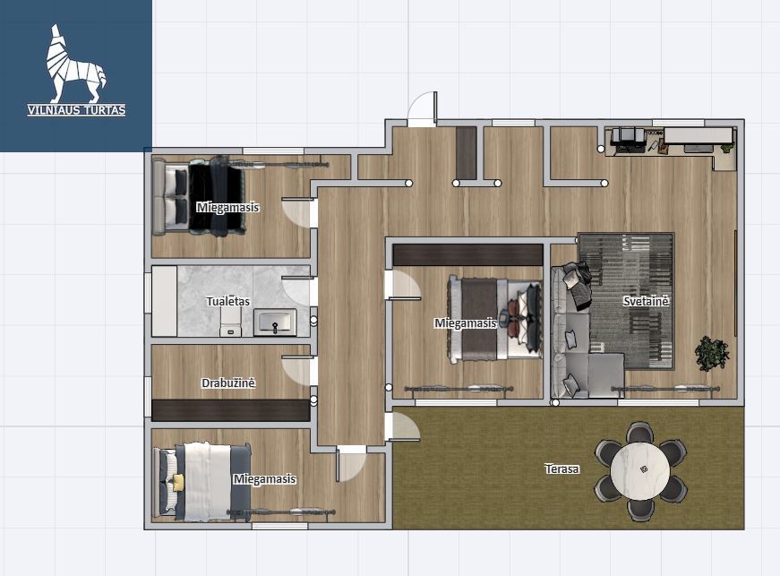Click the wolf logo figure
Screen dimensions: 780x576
point(74,64)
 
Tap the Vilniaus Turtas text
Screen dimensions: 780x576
point(77,110)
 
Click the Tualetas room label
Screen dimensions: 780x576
point(227,301)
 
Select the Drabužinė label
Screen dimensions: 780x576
point(228,383)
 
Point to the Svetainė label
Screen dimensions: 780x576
point(647,301)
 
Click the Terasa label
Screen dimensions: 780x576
point(561,469)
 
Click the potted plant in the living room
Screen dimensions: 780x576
point(712,353)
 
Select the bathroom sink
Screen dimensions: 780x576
point(275,322)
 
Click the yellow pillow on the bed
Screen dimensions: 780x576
point(177,481)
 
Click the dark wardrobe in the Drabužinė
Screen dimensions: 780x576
point(231,410)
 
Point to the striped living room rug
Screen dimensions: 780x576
point(626,300)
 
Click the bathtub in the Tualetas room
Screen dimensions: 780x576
point(164,301)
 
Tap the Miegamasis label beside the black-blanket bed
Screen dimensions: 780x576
point(227,207)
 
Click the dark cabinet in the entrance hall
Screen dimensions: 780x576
point(467,152)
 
